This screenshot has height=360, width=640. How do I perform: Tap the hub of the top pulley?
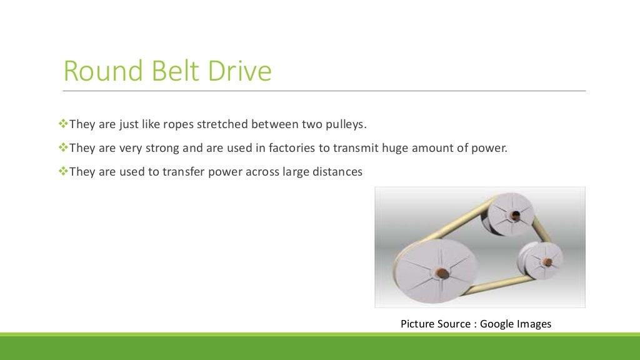514,216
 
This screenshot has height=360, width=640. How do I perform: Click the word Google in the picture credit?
497,324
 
